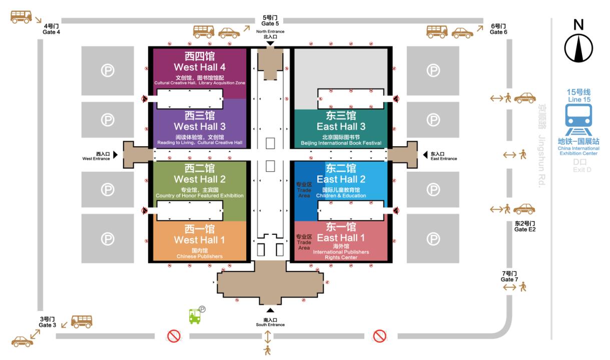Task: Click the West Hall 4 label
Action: pyautogui.click(x=200, y=67)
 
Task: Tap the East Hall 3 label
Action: pyautogui.click(x=341, y=127)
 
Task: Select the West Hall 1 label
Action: pyautogui.click(x=200, y=240)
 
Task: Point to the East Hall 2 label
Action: pyautogui.click(x=341, y=179)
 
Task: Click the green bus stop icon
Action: pyautogui.click(x=195, y=316)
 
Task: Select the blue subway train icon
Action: pyautogui.click(x=578, y=120)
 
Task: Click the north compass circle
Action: pyautogui.click(x=578, y=49)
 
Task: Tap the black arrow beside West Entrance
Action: pyautogui.click(x=116, y=155)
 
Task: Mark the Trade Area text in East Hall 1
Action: pyautogui.click(x=304, y=245)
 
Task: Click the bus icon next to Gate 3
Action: pyautogui.click(x=82, y=321)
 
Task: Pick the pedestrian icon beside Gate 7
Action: pyautogui.click(x=522, y=287)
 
